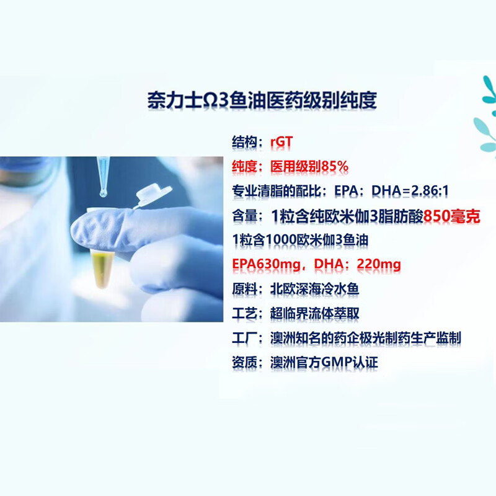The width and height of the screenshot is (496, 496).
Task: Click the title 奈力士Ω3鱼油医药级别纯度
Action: tap(262, 100)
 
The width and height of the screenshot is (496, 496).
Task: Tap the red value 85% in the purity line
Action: tap(334, 167)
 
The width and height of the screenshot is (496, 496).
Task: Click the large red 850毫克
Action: tap(448, 215)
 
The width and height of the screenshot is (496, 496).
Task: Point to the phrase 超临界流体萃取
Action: tap(315, 314)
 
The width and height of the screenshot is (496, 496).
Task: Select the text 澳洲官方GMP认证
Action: tap(324, 362)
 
